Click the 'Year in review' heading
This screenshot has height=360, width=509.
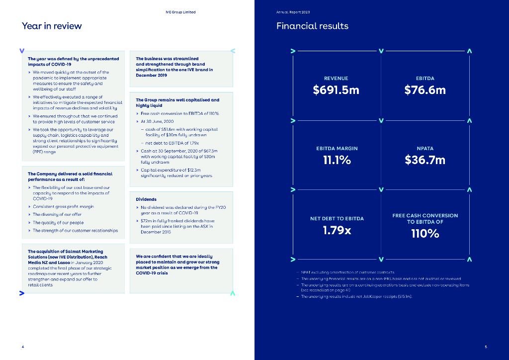[x=52, y=26]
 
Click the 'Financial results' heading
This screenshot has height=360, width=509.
[x=312, y=26]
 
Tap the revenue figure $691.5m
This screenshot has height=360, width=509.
[x=336, y=90]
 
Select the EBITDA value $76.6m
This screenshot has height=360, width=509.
[x=425, y=90]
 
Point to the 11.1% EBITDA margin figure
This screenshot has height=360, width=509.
[x=337, y=160]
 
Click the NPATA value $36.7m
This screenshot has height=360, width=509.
[x=425, y=160]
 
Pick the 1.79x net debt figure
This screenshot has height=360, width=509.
[x=337, y=230]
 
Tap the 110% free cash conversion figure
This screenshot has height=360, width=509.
[x=425, y=233]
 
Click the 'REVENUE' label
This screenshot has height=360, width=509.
[x=336, y=79]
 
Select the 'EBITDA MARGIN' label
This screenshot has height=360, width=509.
[x=337, y=149]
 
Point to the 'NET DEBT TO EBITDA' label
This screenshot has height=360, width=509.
[x=337, y=219]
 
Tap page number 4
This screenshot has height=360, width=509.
[x=23, y=346]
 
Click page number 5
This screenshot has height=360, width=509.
[x=486, y=346]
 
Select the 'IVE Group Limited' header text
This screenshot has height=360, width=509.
[x=180, y=12]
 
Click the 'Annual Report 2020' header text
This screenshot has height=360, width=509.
[x=293, y=12]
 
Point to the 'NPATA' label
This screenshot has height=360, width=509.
[x=425, y=149]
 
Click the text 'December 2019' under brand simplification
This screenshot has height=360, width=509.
[x=151, y=75]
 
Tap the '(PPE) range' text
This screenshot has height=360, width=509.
[x=44, y=152]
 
